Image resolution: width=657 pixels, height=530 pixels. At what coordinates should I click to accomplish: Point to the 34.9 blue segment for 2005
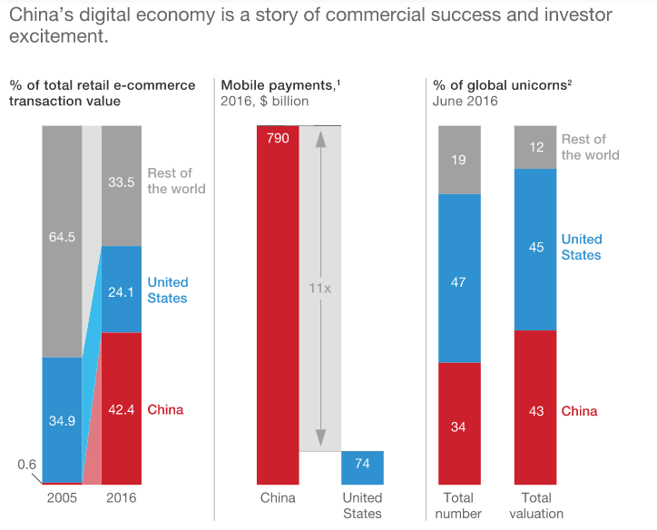(62, 421)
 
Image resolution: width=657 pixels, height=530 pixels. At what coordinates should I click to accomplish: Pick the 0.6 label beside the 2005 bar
(27, 465)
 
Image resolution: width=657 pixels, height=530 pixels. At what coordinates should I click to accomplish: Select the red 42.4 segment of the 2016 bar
(121, 409)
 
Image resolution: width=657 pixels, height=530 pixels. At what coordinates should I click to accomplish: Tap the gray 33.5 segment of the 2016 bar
(121, 181)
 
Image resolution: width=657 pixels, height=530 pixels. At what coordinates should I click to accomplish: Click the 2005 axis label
(62, 497)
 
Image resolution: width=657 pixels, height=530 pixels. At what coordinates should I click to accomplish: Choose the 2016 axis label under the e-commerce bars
(121, 497)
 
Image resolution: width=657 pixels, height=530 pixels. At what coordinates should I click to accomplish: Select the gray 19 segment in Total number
(459, 160)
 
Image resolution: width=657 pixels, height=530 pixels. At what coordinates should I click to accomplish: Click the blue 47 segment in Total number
(459, 282)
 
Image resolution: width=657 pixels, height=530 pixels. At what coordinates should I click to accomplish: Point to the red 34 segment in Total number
(459, 427)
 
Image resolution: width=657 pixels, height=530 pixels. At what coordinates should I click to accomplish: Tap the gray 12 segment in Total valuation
(535, 147)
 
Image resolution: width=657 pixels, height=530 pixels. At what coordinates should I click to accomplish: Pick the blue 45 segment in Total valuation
(535, 248)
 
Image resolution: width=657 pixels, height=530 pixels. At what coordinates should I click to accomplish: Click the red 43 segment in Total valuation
(535, 410)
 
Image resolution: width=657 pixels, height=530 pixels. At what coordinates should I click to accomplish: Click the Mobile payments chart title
(278, 85)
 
